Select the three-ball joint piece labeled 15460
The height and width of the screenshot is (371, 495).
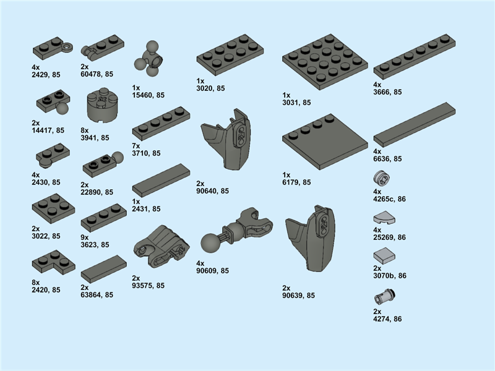[148, 59]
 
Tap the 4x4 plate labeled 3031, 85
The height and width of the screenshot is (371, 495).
[325, 62]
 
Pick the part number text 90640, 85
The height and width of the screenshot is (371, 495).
[212, 191]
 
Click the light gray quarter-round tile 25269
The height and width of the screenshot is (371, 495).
[384, 218]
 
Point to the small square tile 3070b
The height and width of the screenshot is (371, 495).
[384, 256]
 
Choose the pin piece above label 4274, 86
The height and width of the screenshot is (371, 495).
[384, 296]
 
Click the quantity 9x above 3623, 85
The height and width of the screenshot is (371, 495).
[85, 237]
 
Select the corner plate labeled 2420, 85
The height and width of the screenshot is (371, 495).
[53, 262]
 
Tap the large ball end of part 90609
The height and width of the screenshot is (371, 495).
[210, 242]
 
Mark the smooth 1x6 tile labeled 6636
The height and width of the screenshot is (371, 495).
[415, 124]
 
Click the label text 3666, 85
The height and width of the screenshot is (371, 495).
[387, 92]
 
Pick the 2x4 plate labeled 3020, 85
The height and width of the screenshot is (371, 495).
[230, 55]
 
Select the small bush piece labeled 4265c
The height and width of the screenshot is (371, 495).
[381, 177]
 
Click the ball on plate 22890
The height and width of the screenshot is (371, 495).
[118, 158]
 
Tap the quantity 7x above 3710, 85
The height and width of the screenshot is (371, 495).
[136, 146]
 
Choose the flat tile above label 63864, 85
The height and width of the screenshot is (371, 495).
[103, 269]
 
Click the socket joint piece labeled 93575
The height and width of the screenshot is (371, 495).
[161, 246]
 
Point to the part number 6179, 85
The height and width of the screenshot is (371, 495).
[296, 182]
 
